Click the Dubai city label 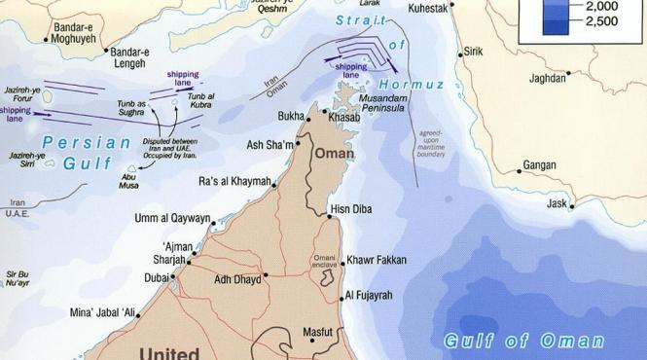(x=156, y=277)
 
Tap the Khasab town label (x=344, y=118)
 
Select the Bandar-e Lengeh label (x=129, y=57)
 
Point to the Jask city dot (x=572, y=206)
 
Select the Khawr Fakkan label (x=377, y=261)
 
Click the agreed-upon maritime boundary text (x=431, y=143)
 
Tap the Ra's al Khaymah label (x=234, y=181)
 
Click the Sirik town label (x=474, y=51)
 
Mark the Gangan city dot (x=520, y=172)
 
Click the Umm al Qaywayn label (x=172, y=218)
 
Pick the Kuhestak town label (x=429, y=7)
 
